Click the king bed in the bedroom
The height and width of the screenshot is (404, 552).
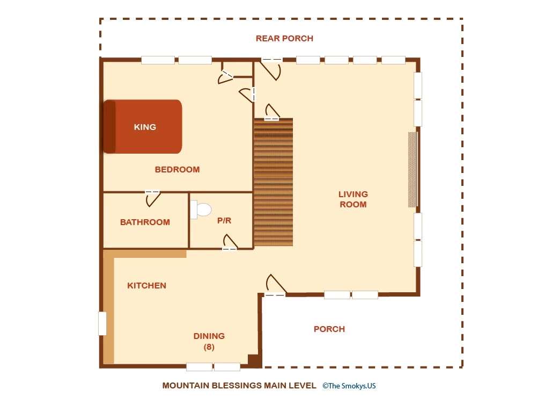tap(143, 127)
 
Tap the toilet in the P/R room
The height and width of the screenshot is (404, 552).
tap(200, 210)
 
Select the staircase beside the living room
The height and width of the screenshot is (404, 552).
tap(274, 182)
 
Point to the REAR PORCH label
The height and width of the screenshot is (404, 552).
tap(284, 39)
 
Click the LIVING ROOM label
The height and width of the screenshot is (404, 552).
tap(353, 199)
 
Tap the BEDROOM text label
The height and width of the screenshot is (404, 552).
tap(178, 170)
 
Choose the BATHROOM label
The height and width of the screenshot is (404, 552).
tap(145, 222)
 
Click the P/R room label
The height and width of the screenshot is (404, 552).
tap(224, 221)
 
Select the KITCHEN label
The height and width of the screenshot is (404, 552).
tap(147, 286)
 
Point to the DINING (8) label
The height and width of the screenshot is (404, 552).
tap(209, 341)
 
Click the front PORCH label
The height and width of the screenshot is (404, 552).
tap(329, 329)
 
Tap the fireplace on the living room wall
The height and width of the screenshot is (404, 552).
tap(413, 170)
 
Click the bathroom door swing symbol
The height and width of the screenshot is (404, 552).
tap(153, 199)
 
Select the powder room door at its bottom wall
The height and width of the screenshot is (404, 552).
tap(230, 242)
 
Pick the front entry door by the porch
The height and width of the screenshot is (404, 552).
tap(276, 285)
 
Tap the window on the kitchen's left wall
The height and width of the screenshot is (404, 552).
tap(102, 323)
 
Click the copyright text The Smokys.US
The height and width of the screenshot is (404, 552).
tap(349, 386)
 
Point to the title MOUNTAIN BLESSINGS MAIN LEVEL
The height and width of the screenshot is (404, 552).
tap(239, 386)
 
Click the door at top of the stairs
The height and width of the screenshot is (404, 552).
tap(272, 112)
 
